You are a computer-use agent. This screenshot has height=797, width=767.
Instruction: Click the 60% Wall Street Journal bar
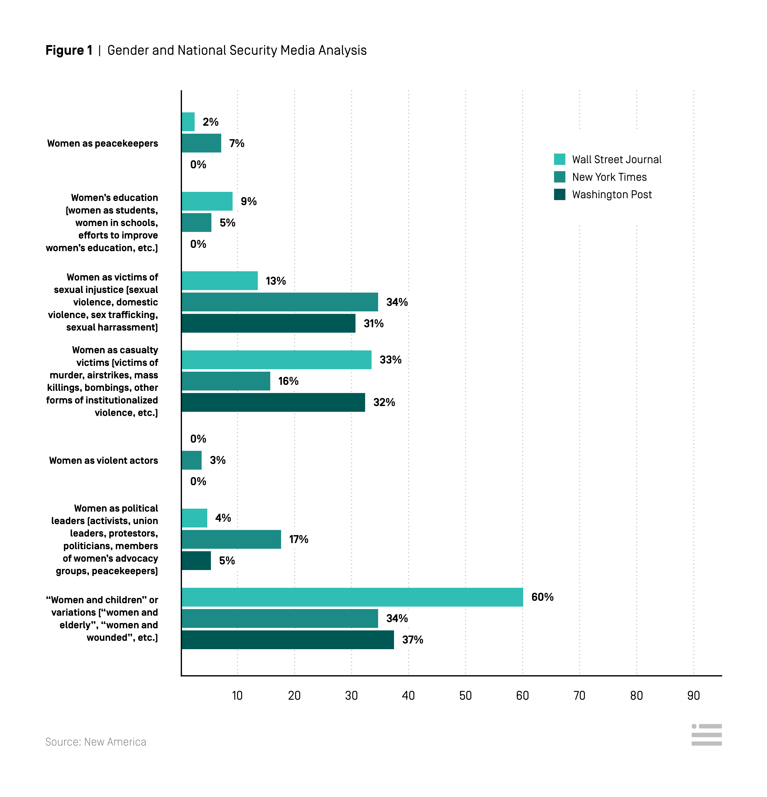click(x=352, y=597)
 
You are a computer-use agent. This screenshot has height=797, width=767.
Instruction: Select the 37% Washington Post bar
click(x=288, y=640)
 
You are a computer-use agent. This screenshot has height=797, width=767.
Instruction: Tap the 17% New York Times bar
click(x=231, y=539)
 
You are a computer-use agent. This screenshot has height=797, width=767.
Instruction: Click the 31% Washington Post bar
click(x=268, y=323)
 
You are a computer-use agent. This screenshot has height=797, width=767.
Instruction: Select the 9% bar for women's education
click(x=207, y=201)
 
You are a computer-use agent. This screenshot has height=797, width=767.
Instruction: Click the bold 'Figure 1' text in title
click(x=69, y=50)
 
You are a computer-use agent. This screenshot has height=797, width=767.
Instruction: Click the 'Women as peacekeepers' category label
click(x=102, y=144)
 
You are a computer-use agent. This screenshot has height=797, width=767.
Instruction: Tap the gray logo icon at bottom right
click(x=706, y=735)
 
